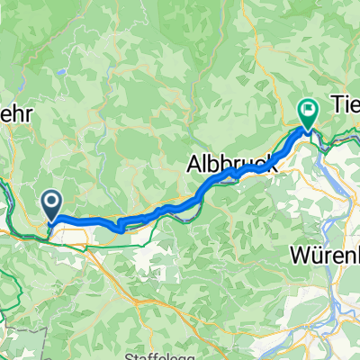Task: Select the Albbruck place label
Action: coord(230,165)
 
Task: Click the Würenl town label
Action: coord(325,254)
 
